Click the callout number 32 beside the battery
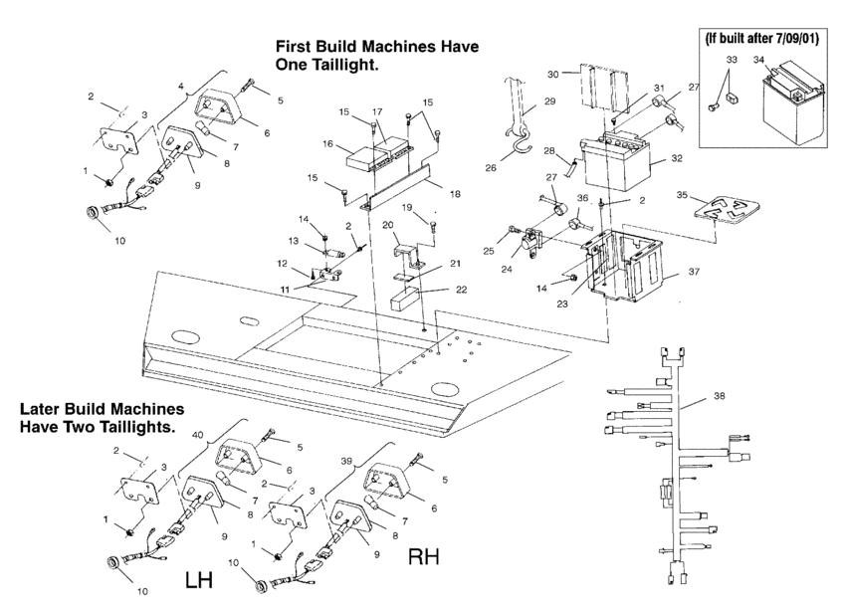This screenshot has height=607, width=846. point(676,158)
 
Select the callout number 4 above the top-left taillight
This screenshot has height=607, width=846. point(181,84)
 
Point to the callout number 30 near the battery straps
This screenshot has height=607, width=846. point(553,74)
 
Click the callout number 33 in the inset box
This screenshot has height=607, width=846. point(732,60)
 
